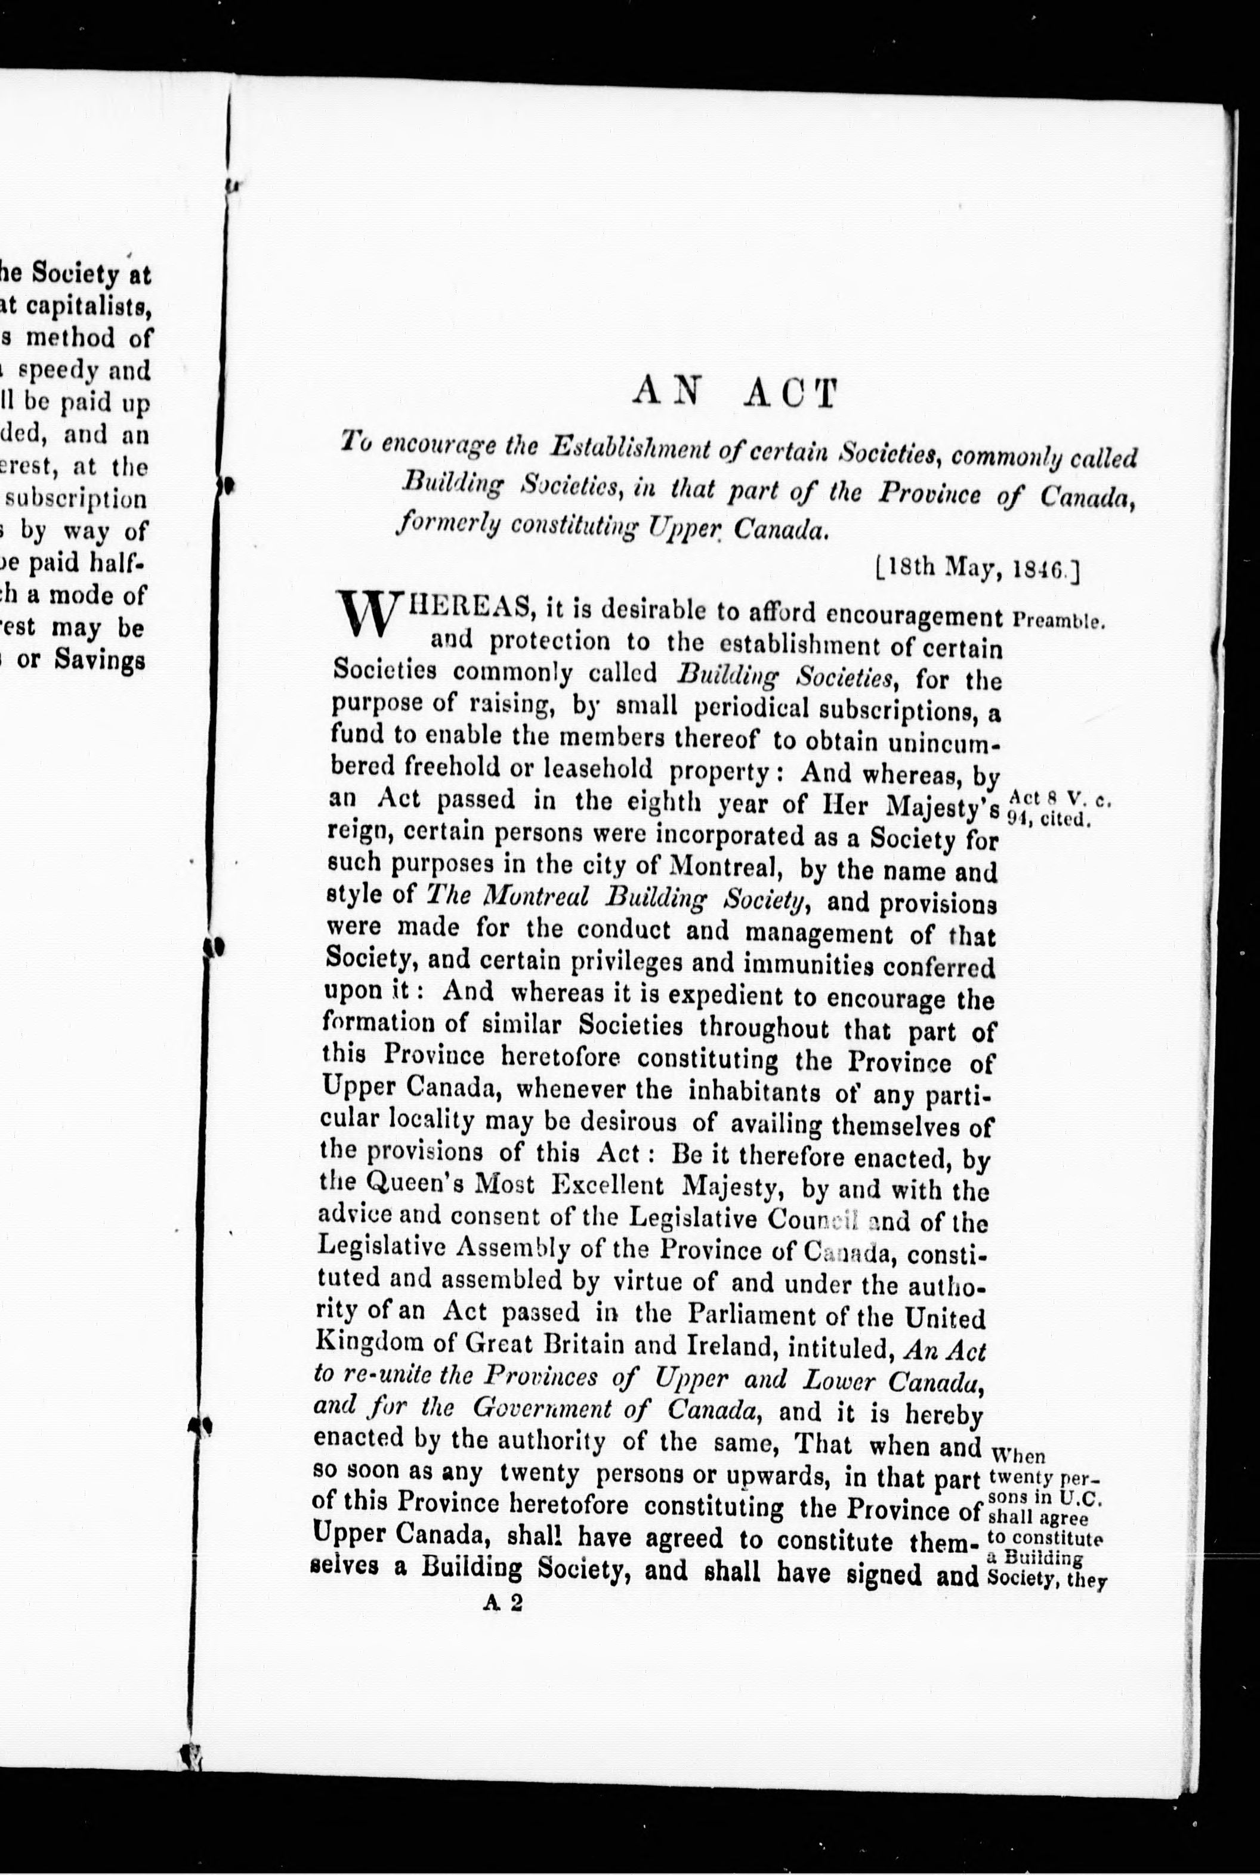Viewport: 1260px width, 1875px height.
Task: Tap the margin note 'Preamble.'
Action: pos(1059,620)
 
